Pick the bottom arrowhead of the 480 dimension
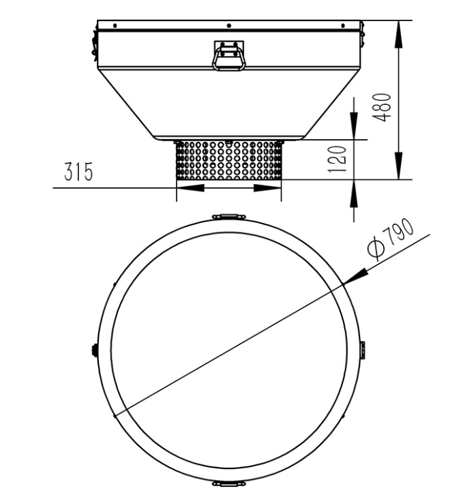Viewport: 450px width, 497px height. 397,164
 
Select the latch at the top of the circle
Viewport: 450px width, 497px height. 228,216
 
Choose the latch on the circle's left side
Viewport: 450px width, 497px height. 92,350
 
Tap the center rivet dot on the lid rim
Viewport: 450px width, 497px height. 228,25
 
